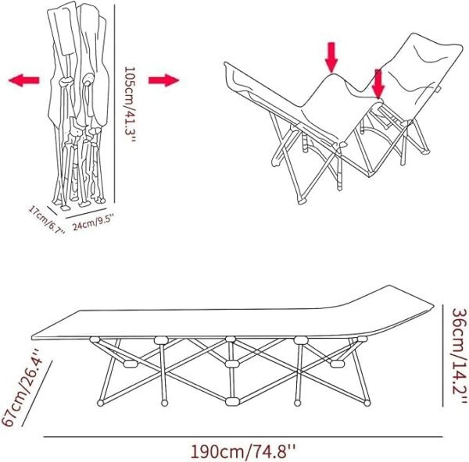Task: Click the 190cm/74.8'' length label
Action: click(242, 450)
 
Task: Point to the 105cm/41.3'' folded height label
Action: click(130, 105)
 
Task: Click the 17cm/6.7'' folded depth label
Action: click(47, 219)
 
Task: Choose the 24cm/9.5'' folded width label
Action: click(92, 222)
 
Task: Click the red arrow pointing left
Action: click(24, 80)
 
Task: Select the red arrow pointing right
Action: click(163, 80)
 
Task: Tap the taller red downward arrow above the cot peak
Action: click(331, 57)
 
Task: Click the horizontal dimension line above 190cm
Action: click(243, 437)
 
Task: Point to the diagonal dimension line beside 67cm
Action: click(37, 393)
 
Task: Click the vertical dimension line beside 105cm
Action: click(115, 103)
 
